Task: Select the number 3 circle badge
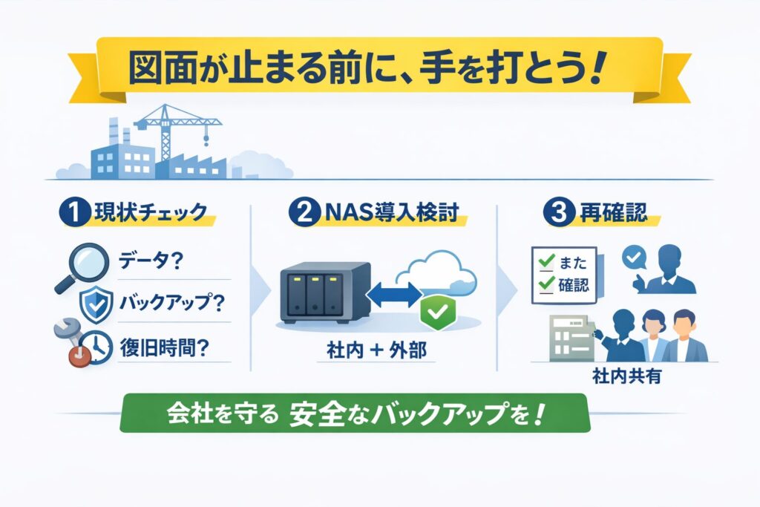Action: pyautogui.click(x=554, y=214)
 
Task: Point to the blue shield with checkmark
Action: pyautogui.click(x=96, y=304)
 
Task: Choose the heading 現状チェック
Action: pyautogui.click(x=150, y=214)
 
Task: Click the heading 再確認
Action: pyautogui.click(x=609, y=214)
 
